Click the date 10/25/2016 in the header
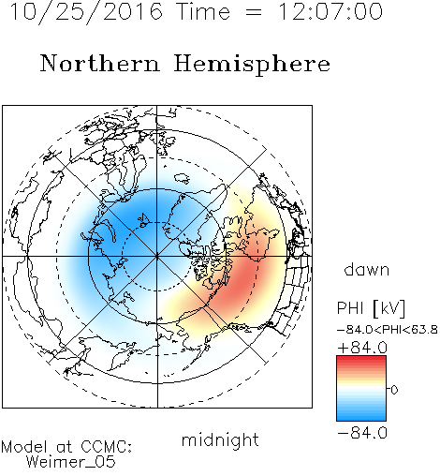point(86,12)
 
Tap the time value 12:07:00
point(330,11)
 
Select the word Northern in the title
point(100,63)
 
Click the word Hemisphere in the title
point(252,65)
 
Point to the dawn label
point(367,269)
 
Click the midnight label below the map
point(220,439)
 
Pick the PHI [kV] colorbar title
point(371,308)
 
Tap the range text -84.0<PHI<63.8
point(388,330)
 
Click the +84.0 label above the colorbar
point(362,348)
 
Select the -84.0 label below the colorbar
point(362,433)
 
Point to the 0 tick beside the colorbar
point(394,390)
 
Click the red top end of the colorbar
point(361,359)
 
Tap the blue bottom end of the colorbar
point(361,418)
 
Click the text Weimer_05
point(71,462)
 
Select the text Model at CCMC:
point(66,447)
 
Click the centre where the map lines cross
point(157,257)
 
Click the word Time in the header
point(203,11)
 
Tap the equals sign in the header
point(254,12)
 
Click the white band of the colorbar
point(361,389)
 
